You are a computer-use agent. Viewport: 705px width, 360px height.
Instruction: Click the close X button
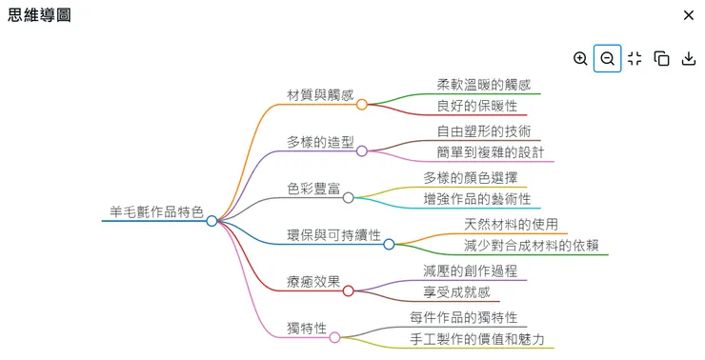[689, 15]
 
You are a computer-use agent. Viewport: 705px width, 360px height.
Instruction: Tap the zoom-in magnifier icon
[580, 59]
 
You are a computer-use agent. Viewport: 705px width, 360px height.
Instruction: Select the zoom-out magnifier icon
[607, 59]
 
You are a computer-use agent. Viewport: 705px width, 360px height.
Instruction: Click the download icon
[689, 59]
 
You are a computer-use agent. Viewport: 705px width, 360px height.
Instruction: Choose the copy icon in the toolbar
[662, 59]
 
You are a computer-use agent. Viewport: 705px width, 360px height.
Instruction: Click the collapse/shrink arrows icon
[634, 59]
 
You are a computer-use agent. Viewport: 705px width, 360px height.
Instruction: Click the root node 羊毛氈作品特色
[156, 211]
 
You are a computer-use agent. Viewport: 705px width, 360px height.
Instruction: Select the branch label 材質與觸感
[320, 95]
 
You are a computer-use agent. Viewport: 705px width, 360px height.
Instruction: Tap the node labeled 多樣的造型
[320, 142]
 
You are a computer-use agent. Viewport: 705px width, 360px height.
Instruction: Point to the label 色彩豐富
[313, 189]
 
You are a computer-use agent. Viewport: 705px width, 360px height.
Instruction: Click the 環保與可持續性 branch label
[333, 234]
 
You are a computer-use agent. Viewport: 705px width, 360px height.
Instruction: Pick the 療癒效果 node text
[313, 281]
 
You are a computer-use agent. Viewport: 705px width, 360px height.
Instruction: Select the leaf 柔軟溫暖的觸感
[484, 84]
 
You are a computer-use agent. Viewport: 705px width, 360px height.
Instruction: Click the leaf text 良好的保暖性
[477, 106]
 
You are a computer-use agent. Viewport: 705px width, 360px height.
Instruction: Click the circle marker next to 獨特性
[334, 337]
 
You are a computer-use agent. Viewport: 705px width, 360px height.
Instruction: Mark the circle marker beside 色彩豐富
[349, 198]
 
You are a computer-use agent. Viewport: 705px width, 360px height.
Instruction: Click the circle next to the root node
[211, 221]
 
